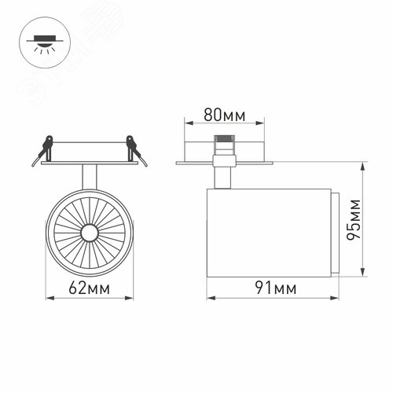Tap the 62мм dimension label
click(89, 288)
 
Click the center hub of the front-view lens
click(89, 232)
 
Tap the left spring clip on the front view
click(44, 151)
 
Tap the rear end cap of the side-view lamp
click(333, 233)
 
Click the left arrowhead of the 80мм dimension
click(186, 123)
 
